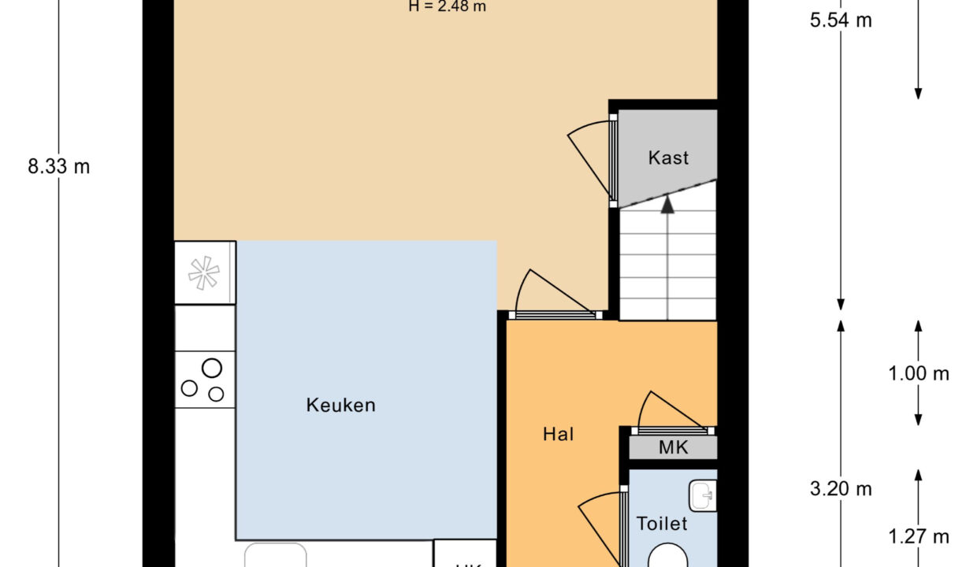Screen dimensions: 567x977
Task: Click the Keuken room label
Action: click(340, 406)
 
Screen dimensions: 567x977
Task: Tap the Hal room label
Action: click(558, 434)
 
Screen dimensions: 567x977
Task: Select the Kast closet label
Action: click(668, 157)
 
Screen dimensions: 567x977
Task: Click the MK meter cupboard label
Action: click(673, 448)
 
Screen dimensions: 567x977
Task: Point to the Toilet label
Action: click(662, 524)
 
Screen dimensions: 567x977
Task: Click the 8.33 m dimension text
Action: click(58, 167)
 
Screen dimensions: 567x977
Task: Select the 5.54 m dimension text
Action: click(841, 20)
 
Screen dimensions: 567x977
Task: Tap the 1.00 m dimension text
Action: click(919, 374)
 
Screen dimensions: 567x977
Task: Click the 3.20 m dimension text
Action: click(841, 489)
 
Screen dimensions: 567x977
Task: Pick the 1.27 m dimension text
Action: click(919, 537)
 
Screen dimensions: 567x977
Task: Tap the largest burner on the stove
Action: click(211, 368)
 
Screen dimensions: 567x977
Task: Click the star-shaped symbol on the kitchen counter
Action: click(204, 272)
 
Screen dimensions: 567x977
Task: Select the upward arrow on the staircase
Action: click(668, 206)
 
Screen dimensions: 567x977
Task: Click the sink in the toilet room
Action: click(702, 496)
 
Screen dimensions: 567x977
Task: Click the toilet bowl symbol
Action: click(670, 556)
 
